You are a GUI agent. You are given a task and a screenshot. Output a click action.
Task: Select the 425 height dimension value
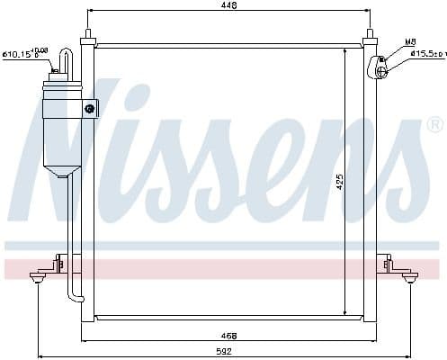[x=339, y=181]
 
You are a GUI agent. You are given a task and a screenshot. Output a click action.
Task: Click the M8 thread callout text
[x=409, y=41]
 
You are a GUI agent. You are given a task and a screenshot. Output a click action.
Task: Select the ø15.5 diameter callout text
[x=428, y=55]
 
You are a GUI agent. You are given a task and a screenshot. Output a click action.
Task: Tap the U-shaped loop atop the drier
[x=64, y=61]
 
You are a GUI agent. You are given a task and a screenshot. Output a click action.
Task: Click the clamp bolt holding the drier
[x=90, y=109]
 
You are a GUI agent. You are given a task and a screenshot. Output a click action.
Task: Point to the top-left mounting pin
[x=87, y=37]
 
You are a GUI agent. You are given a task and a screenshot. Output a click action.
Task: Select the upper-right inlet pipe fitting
[x=379, y=65]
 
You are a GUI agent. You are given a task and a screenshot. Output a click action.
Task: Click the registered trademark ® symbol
[x=434, y=123]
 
